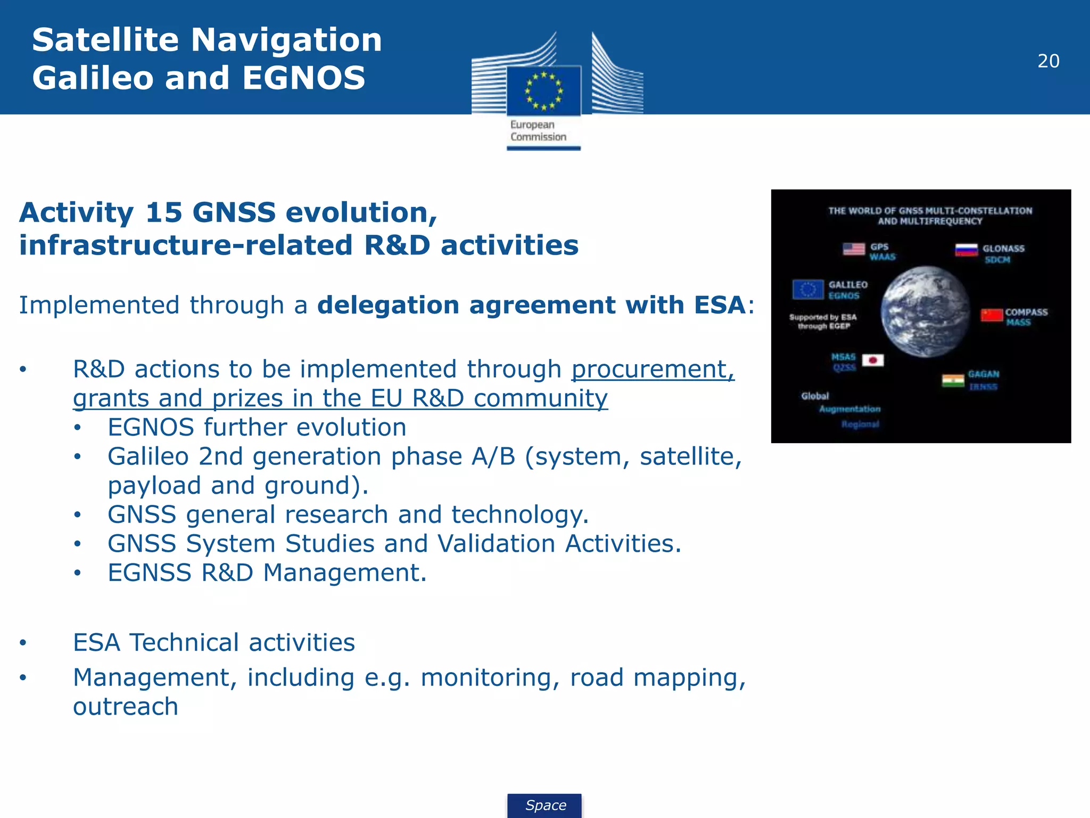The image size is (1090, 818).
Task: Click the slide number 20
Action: click(x=1048, y=61)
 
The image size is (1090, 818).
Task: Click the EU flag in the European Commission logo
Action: click(x=543, y=91)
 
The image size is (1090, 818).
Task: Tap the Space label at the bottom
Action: click(x=545, y=805)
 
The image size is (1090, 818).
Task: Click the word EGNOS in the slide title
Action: click(x=304, y=78)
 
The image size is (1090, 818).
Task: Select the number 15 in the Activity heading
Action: click(x=163, y=212)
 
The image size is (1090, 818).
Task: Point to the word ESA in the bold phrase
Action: click(x=719, y=305)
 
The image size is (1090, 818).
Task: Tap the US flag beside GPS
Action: click(x=854, y=249)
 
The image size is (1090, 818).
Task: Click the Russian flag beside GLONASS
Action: click(x=966, y=250)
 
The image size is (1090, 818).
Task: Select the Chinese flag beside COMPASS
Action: click(x=992, y=315)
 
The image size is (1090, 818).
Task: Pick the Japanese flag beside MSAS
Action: click(x=873, y=361)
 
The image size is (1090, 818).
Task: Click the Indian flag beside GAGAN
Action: click(x=953, y=380)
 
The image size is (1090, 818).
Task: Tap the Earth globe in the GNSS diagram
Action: click(x=925, y=311)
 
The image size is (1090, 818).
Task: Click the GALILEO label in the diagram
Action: click(x=848, y=285)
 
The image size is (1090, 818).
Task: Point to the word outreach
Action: click(x=126, y=707)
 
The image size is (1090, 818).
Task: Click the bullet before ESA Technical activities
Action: click(x=23, y=643)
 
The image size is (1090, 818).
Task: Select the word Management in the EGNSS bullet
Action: click(x=345, y=573)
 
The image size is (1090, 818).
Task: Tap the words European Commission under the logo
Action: click(x=538, y=131)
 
